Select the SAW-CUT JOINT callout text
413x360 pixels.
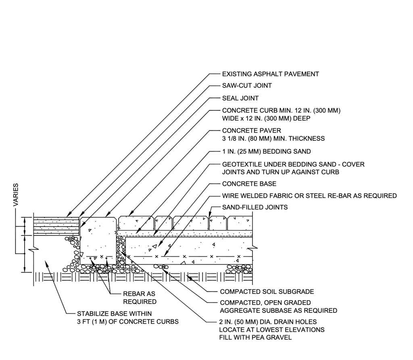(x=247, y=85)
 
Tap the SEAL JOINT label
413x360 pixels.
(x=240, y=98)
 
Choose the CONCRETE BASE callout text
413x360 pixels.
(x=249, y=184)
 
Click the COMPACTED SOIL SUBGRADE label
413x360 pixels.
(x=267, y=291)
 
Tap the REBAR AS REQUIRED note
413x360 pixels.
(x=140, y=298)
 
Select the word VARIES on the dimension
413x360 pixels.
(x=16, y=196)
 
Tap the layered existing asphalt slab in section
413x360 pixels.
(x=56, y=225)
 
